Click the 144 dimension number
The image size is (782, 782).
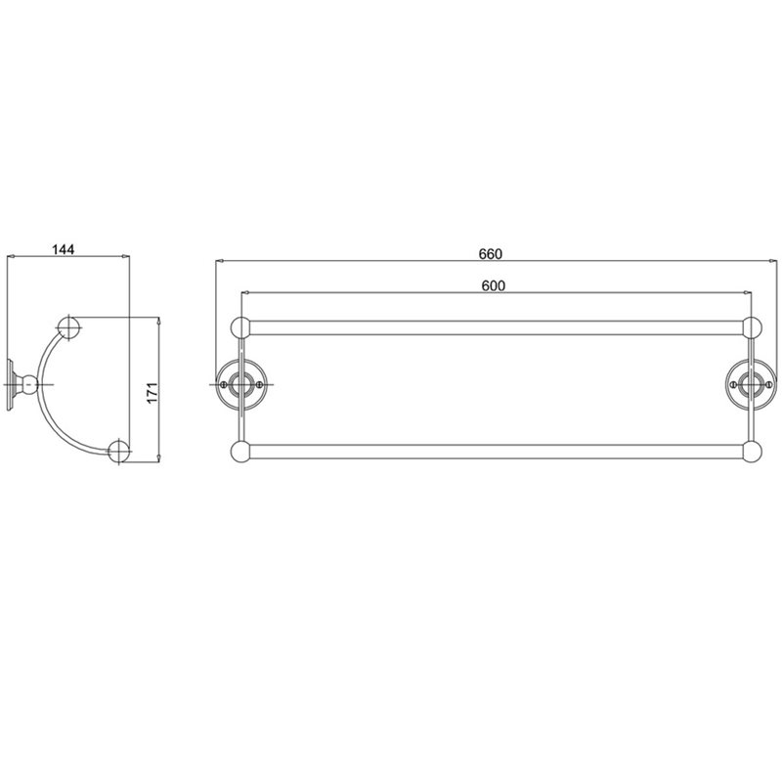click(x=64, y=249)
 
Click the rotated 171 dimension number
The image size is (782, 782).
click(x=152, y=393)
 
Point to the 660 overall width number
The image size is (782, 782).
click(x=491, y=254)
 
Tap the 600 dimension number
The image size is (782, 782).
click(x=494, y=285)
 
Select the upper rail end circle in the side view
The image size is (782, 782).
click(x=69, y=327)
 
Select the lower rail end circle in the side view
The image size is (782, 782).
click(x=118, y=451)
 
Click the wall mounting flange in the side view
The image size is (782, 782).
click(x=10, y=384)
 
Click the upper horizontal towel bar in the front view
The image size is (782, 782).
click(x=497, y=327)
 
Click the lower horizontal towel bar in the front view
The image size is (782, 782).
click(x=497, y=452)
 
